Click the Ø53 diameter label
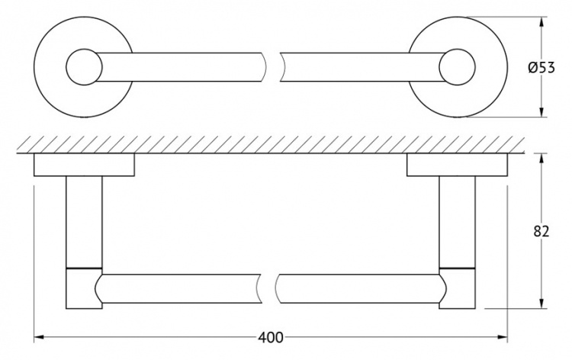pos(541,67)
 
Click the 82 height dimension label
pos(541,231)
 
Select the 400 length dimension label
pos(270,337)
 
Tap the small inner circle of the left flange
pos(84,67)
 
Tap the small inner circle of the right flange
pos(458,67)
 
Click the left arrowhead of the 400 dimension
pos(39,337)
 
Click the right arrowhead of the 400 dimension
pos(503,337)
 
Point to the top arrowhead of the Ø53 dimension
pos(541,22)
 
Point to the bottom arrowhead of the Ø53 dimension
pos(541,112)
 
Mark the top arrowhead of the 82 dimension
pos(541,159)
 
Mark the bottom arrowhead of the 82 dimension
pos(541,304)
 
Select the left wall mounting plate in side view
pos(84,165)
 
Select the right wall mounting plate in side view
pos(458,165)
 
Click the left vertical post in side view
pos(84,222)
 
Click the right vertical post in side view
pos(458,222)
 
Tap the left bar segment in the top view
pos(181,67)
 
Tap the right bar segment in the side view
pos(359,288)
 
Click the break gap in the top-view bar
pos(273,67)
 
